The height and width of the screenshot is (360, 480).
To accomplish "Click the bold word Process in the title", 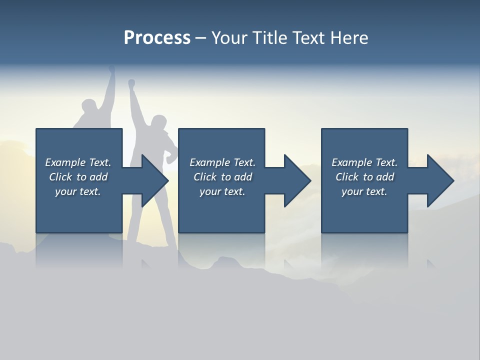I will coord(157,38).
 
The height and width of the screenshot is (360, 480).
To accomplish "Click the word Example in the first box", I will coord(65,162).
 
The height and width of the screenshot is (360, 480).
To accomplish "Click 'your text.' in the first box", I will coord(78,191).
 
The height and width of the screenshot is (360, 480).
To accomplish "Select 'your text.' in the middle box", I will coord(222,191).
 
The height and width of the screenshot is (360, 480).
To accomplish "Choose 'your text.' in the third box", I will coord(364,191).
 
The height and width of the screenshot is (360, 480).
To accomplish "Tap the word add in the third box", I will coord(384,177).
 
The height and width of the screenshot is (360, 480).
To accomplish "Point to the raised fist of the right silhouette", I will coord(131,83).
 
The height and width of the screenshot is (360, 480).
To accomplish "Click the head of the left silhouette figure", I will coord(89,107).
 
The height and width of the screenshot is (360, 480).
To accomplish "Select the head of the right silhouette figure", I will coord(158,122).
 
